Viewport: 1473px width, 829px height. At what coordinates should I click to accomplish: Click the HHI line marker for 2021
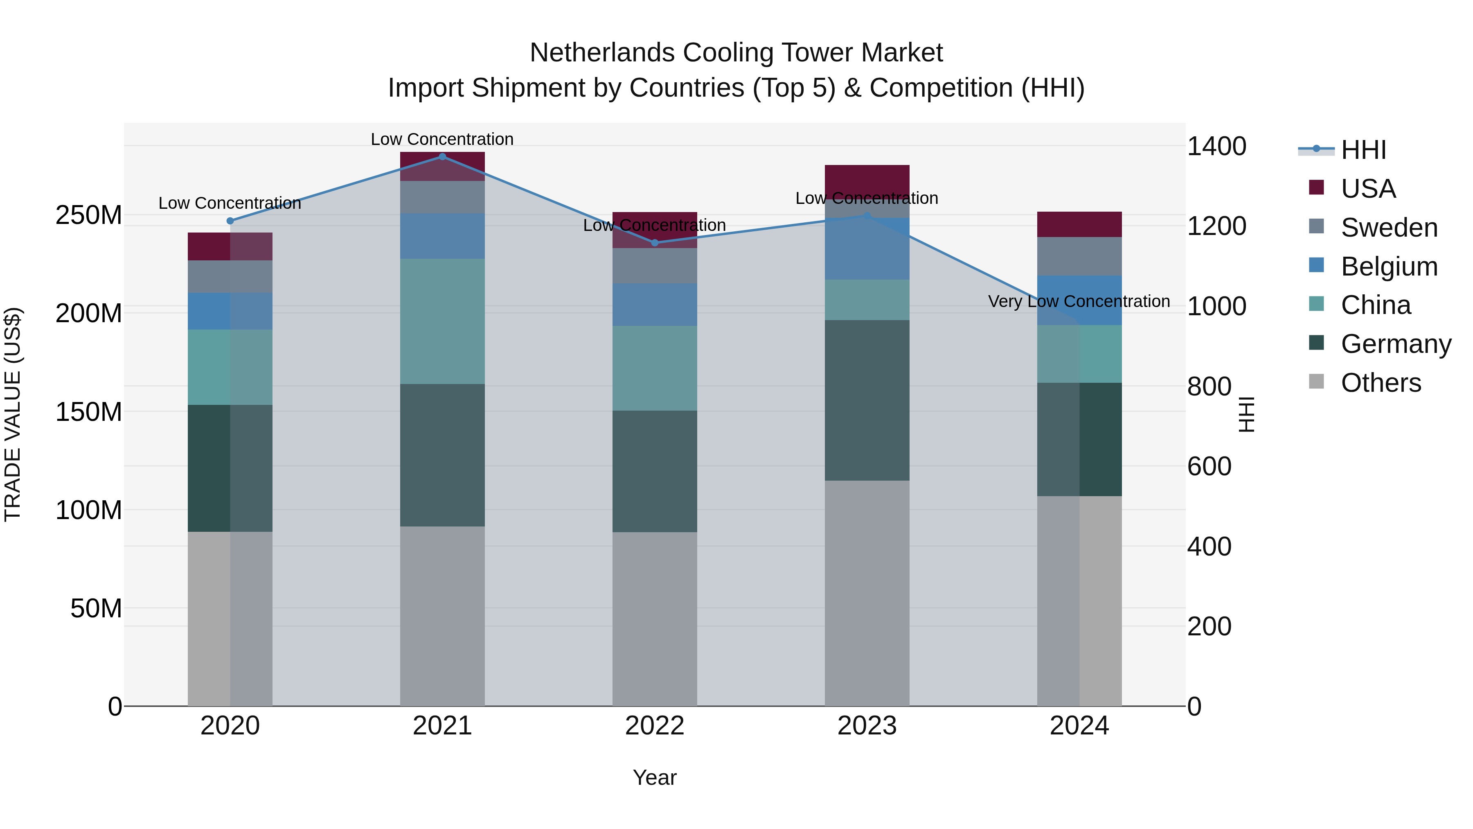[x=442, y=157]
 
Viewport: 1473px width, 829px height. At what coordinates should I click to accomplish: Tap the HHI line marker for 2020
[x=230, y=221]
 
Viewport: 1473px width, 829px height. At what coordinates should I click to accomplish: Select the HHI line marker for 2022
[x=655, y=243]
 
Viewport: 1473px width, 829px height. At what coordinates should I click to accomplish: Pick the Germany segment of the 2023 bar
[x=867, y=400]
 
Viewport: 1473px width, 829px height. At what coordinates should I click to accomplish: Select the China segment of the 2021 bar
[x=442, y=321]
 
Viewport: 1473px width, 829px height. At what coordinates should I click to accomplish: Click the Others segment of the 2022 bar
[x=655, y=619]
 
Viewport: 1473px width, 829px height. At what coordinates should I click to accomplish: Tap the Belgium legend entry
[x=1388, y=267]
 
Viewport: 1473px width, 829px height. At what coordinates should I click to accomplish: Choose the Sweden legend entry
[x=1388, y=228]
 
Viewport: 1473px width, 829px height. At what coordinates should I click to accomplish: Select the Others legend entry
[x=1381, y=383]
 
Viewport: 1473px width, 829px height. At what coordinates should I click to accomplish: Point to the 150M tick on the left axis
[x=89, y=412]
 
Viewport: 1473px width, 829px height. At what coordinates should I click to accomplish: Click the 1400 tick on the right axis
[x=1216, y=147]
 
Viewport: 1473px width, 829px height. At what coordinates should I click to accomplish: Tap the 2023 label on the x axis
[x=867, y=726]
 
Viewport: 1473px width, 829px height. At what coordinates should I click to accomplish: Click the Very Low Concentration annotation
[x=1079, y=301]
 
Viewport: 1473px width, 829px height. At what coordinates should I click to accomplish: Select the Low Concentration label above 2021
[x=442, y=139]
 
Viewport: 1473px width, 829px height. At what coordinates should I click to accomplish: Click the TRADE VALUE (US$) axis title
[x=13, y=414]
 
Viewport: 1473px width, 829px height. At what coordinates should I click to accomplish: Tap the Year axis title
[x=654, y=777]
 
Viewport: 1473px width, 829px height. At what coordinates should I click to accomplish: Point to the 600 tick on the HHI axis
[x=1209, y=466]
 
